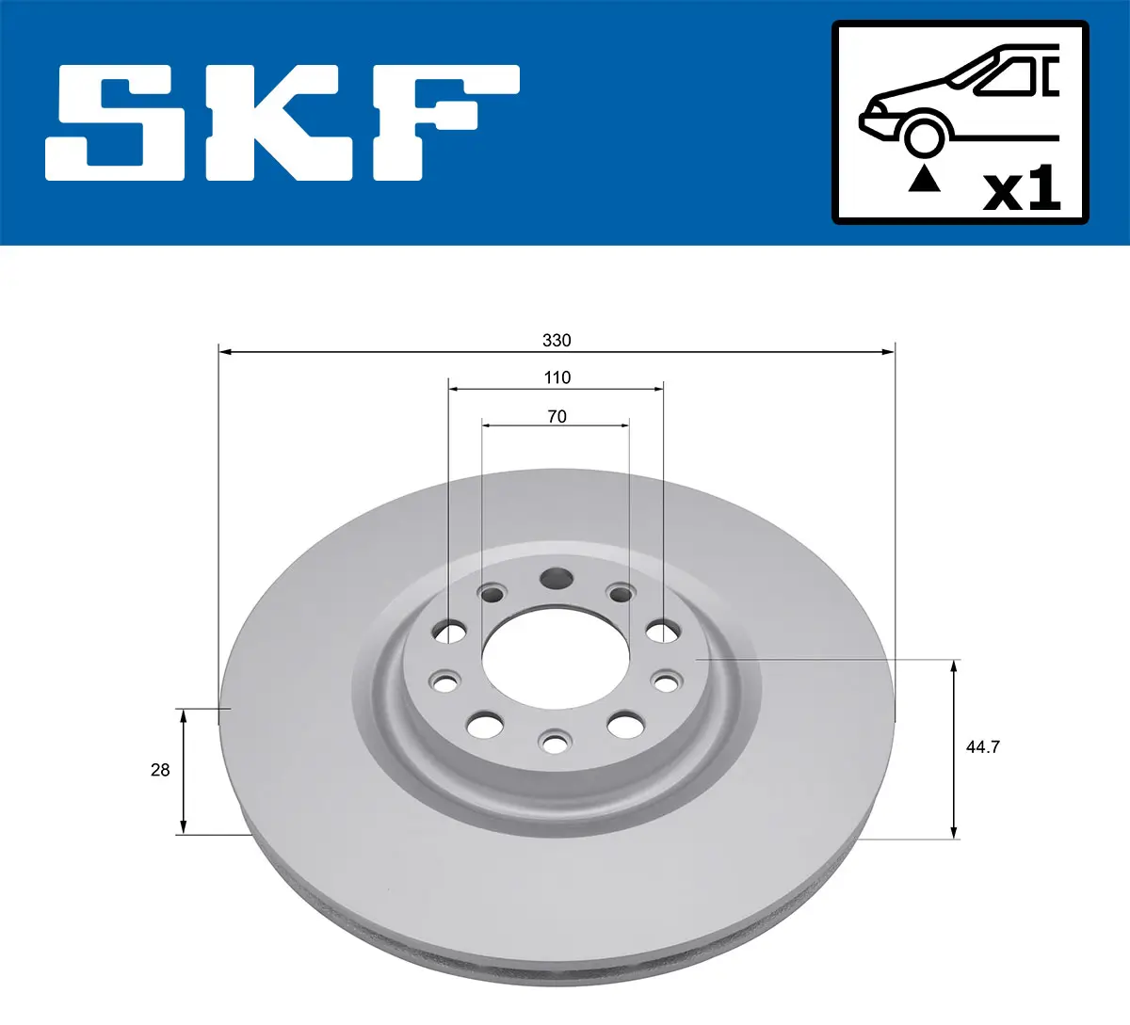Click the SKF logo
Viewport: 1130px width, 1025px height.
(x=282, y=122)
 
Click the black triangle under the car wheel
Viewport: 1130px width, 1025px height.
(x=924, y=178)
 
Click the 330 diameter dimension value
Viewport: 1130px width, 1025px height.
(x=557, y=340)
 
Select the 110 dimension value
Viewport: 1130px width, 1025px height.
(x=557, y=377)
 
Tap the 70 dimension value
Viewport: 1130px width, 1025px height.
(x=557, y=416)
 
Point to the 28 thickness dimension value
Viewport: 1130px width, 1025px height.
(x=160, y=770)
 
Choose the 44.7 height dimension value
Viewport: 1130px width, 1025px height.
(x=982, y=746)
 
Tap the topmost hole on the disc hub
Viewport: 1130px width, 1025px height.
(x=556, y=578)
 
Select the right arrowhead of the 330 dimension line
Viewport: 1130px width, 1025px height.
(x=888, y=352)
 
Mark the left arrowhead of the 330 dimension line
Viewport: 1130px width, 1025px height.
(x=225, y=352)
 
